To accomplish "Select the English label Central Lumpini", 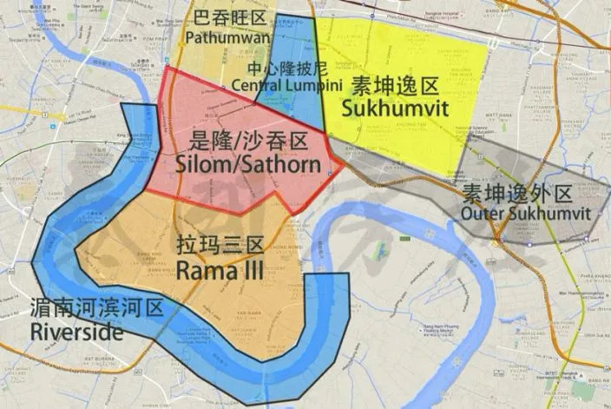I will pos(273,84).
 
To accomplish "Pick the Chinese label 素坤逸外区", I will pos(516,194).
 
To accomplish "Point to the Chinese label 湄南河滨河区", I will pos(95,307).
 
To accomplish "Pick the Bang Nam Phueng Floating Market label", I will pos(398,325).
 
